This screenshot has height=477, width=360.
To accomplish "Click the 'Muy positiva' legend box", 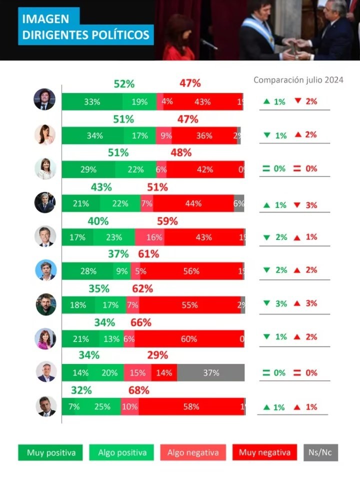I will tap(47, 453).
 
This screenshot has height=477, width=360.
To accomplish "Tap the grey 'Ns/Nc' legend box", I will tap(320, 453).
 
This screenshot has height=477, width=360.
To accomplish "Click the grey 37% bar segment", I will tap(210, 372).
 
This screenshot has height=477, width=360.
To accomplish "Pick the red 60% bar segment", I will tap(189, 339).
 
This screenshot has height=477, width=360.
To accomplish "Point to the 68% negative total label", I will tap(138, 390).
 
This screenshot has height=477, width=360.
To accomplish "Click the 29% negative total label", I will tap(157, 355).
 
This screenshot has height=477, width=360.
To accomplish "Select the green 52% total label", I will tap(124, 84).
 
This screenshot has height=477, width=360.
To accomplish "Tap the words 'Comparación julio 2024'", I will tap(298, 80).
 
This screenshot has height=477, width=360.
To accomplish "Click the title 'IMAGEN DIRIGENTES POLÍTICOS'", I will tap(86, 27).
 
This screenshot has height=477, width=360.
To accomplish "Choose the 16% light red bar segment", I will tap(149, 237).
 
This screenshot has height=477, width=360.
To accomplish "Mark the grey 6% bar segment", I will tap(239, 203).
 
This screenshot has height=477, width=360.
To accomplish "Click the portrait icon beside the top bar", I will tap(44, 99).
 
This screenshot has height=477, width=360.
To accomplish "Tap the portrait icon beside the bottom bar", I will tap(46, 406).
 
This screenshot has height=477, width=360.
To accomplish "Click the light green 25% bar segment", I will tap(102, 406).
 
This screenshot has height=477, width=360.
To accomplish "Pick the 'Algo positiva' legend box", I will tap(122, 453).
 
